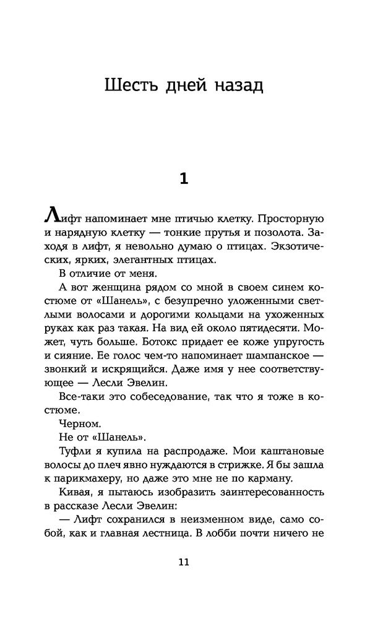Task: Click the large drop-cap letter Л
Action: click(54, 220)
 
